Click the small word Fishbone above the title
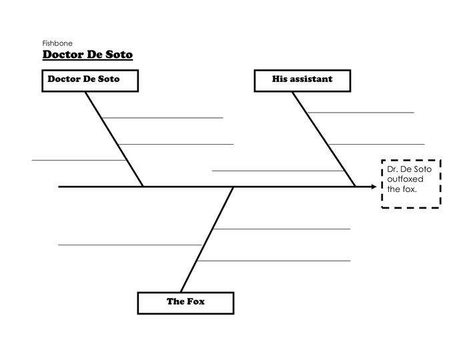click(57, 43)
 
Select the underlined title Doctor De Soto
click(87, 54)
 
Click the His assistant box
click(302, 80)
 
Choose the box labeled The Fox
click(185, 302)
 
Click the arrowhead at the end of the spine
click(373, 187)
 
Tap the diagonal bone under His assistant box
click(323, 137)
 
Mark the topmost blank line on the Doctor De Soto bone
click(162, 118)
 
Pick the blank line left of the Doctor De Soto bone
click(79, 160)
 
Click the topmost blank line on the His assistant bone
click(360, 113)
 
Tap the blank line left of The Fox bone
click(129, 245)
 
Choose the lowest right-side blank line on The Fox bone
click(274, 261)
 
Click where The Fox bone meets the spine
click(233, 187)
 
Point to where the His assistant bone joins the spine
click(355, 187)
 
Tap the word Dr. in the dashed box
click(392, 170)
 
